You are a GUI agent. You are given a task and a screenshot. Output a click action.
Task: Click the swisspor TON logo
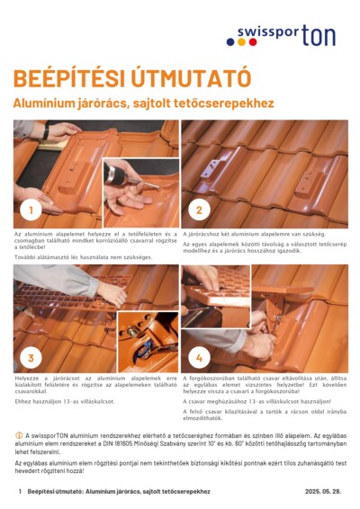286,36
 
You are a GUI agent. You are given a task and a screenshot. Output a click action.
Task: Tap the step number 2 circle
198,211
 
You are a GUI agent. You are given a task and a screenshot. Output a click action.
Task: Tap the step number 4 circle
198,357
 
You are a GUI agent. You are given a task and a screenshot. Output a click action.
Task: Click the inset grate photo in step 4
215,296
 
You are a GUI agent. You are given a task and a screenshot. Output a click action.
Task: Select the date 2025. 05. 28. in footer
325,492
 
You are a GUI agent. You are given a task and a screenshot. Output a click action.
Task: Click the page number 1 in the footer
20,492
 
